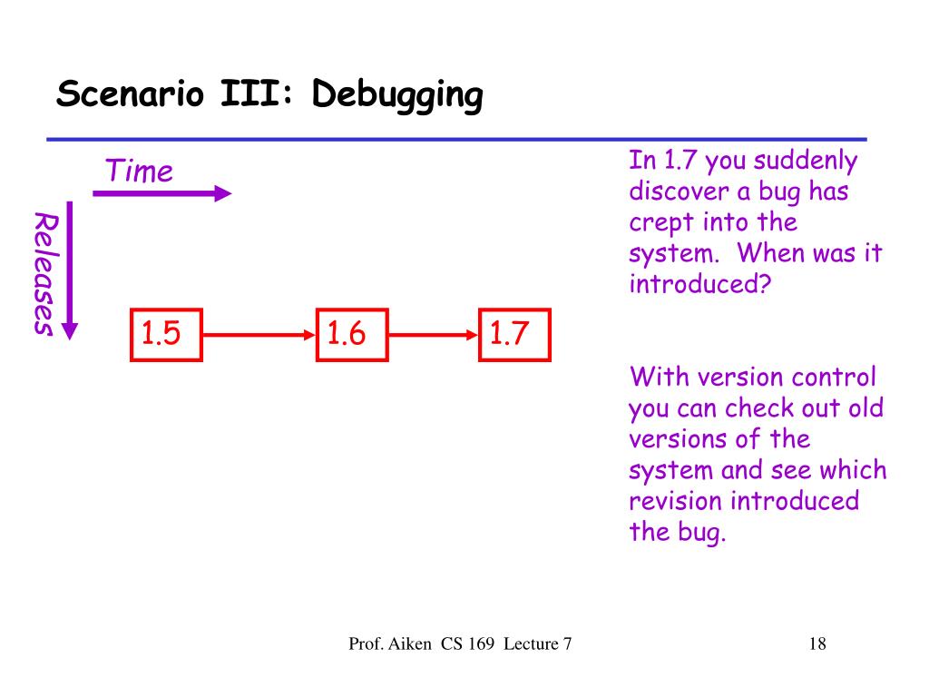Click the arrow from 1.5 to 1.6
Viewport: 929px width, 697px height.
coord(259,335)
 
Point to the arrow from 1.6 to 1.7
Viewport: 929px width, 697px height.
coord(434,335)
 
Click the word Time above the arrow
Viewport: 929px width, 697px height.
coord(139,171)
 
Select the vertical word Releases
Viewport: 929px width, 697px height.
coord(45,274)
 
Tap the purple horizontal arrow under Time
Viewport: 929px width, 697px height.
coord(161,193)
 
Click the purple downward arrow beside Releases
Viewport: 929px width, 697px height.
coord(70,270)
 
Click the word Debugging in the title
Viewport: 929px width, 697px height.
coord(397,94)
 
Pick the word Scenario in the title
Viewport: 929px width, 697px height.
coord(131,93)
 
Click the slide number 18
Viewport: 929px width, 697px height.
coord(817,643)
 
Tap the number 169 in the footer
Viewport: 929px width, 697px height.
coord(481,643)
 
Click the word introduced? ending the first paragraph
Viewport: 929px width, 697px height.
coord(700,283)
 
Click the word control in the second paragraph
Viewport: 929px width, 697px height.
coord(834,377)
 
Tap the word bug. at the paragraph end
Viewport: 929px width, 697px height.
coord(702,533)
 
